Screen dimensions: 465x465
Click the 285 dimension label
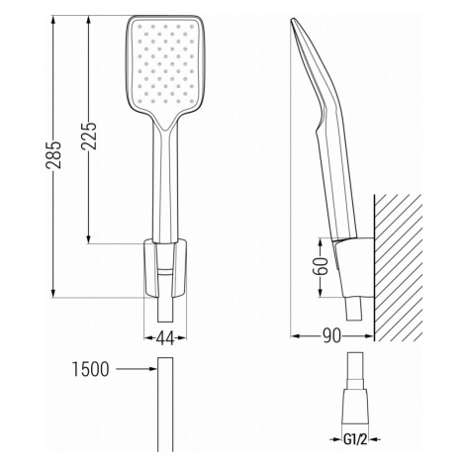pyautogui.click(x=53, y=155)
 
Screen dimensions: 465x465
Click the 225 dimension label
pyautogui.click(x=89, y=137)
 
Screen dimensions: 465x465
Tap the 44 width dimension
pyautogui.click(x=165, y=338)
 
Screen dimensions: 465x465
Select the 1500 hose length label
pyautogui.click(x=90, y=369)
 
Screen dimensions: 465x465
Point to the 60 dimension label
pyautogui.click(x=321, y=266)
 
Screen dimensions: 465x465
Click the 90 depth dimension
pyautogui.click(x=331, y=336)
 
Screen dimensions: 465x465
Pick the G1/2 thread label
pyautogui.click(x=355, y=439)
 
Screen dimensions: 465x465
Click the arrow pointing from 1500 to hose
pyautogui.click(x=137, y=369)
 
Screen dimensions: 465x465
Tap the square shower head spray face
pyautogui.click(x=165, y=63)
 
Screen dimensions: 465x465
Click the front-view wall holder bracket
pyautogui.click(x=165, y=268)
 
